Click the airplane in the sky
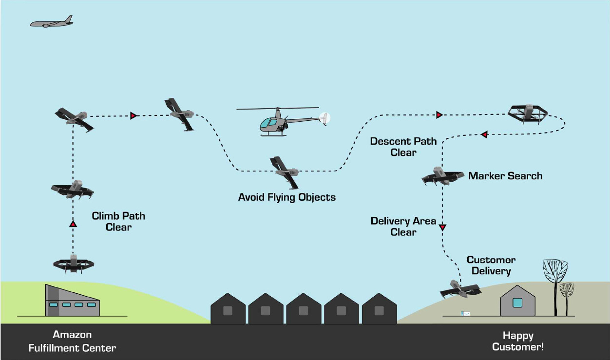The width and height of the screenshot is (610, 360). [52, 22]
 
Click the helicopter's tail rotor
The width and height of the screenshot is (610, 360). [324, 117]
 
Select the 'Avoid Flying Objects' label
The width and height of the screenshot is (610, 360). [286, 197]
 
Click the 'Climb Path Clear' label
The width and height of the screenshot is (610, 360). [118, 221]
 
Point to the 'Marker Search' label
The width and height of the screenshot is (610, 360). [505, 176]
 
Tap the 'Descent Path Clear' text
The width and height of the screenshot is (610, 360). [403, 147]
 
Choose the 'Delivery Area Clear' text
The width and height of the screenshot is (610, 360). [403, 227]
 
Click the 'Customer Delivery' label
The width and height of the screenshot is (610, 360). [491, 265]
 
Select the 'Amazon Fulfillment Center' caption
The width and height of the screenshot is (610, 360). [72, 341]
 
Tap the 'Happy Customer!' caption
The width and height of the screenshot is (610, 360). [518, 341]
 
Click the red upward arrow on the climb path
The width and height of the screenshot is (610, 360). [73, 224]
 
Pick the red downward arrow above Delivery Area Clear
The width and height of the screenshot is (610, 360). [442, 227]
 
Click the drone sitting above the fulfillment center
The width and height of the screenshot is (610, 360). [74, 263]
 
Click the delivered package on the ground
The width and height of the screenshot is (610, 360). [465, 313]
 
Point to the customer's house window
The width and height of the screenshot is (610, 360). [517, 303]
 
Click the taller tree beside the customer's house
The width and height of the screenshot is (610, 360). [555, 283]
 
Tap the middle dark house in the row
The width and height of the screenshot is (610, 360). [304, 309]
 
